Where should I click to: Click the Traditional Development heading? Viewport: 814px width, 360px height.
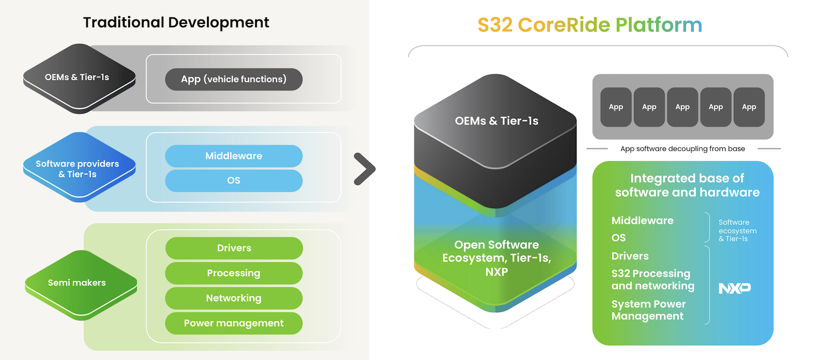pyautogui.click(x=176, y=22)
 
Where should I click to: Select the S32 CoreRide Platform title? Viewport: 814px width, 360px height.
pyautogui.click(x=590, y=24)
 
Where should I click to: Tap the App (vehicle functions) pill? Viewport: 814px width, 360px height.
pyautogui.click(x=233, y=79)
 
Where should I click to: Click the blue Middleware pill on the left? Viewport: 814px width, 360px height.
pyautogui.click(x=233, y=156)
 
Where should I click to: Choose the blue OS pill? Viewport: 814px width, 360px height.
pyautogui.click(x=233, y=180)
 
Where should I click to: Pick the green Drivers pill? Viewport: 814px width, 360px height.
pyautogui.click(x=233, y=248)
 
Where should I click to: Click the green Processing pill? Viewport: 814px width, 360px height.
pyautogui.click(x=233, y=273)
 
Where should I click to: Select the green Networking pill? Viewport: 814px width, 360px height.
pyautogui.click(x=233, y=298)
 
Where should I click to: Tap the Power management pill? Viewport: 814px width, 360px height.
pyautogui.click(x=233, y=323)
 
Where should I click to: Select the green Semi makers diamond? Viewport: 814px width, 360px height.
pyautogui.click(x=79, y=283)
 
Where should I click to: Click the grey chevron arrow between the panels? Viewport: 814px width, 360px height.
pyautogui.click(x=364, y=169)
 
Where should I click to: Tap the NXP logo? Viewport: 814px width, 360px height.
pyautogui.click(x=734, y=288)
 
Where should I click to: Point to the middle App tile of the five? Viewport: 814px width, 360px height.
pyautogui.click(x=682, y=107)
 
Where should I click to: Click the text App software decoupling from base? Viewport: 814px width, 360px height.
pyautogui.click(x=682, y=149)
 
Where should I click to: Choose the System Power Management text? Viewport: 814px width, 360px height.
pyautogui.click(x=648, y=310)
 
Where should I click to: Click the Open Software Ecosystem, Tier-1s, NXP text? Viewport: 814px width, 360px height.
pyautogui.click(x=496, y=258)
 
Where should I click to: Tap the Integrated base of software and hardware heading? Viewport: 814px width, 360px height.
pyautogui.click(x=687, y=185)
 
